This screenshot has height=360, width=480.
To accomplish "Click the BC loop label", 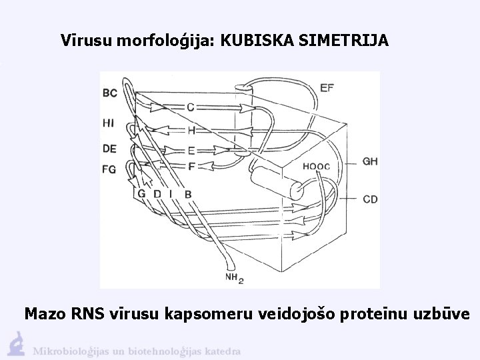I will coord(111,93).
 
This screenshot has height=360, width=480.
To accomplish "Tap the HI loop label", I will coord(109,123).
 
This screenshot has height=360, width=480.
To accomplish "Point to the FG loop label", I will coord(109,169).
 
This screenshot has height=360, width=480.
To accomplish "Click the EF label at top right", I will coord(327,87).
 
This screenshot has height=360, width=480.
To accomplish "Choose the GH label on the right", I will coord(370,161).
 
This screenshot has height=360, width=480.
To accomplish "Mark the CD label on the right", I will coord(370,198).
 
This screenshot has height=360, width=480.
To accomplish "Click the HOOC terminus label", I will coord(316,166).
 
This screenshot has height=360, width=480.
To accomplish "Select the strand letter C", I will coord(191,107).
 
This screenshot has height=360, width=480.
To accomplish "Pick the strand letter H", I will coord(191,130).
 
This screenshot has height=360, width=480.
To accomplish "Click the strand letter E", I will coord(191,150).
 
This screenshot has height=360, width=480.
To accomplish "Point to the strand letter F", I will coord(191,165).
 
